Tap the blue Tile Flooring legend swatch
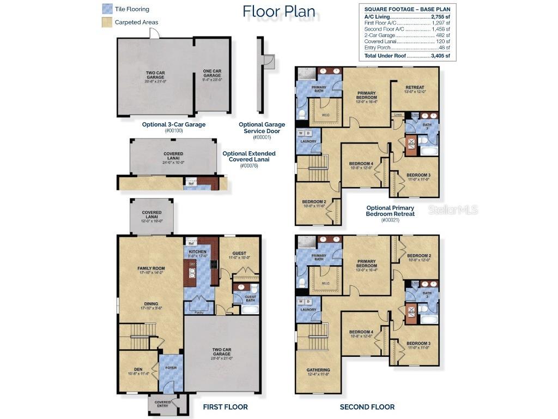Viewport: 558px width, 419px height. coord(107,9)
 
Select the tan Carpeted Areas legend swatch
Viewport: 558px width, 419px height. coord(107,22)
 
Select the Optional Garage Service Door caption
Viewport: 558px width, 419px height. coord(262,128)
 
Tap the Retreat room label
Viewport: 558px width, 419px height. coord(415,87)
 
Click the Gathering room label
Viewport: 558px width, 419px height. coord(318,370)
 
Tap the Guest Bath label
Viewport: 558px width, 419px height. coord(250,298)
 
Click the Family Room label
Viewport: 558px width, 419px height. coord(150,268)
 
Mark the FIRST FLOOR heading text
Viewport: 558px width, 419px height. coord(225,407)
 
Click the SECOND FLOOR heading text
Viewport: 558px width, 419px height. coord(367,407)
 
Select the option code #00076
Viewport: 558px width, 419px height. coord(248,165)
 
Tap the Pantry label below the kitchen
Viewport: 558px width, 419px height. coord(199,312)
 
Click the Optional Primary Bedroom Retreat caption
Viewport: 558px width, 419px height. coord(390,211)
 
